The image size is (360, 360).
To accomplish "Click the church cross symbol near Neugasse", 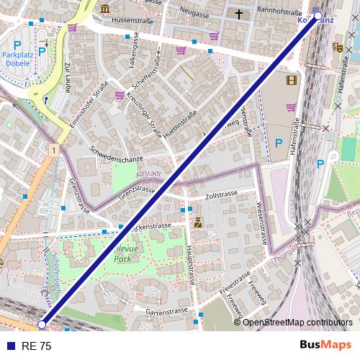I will [238, 14].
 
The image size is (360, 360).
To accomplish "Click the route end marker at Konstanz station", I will [318, 15].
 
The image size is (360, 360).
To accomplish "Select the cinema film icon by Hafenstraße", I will [291, 81].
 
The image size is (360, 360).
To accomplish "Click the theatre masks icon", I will [336, 48].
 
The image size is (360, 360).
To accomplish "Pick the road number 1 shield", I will [53, 149].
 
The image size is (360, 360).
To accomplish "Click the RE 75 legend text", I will [36, 346].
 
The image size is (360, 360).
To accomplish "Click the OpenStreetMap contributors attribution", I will [297, 323].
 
